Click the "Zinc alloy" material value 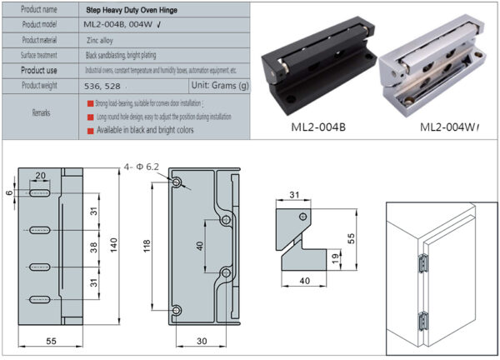click(101, 39)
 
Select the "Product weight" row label click(39, 85)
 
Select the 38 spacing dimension click(93, 247)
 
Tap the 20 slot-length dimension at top click(41, 176)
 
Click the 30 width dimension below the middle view click(202, 340)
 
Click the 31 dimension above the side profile click(293, 196)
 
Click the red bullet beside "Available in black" click(89, 130)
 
